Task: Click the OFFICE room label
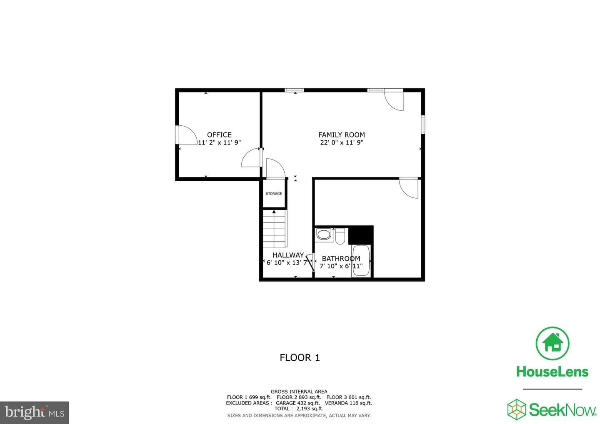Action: [x=219, y=135]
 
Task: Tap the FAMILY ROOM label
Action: [x=342, y=135]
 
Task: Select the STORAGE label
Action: [x=274, y=194]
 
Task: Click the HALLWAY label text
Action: [x=288, y=255]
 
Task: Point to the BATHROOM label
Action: [x=341, y=259]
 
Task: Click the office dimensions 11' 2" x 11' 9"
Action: [x=219, y=143]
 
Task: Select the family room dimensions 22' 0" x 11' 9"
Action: [x=342, y=143]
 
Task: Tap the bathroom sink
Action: [x=324, y=235]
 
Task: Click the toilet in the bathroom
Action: [x=340, y=236]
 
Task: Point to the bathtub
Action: [x=361, y=261]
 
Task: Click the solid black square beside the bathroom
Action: [x=361, y=235]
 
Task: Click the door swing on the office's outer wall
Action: [x=188, y=135]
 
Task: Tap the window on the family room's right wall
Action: [x=423, y=124]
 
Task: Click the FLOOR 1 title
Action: [x=300, y=358]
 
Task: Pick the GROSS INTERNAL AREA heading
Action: [x=299, y=392]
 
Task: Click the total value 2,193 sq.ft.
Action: [x=310, y=409]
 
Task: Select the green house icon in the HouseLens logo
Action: [x=552, y=343]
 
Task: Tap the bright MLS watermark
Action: [x=34, y=412]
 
